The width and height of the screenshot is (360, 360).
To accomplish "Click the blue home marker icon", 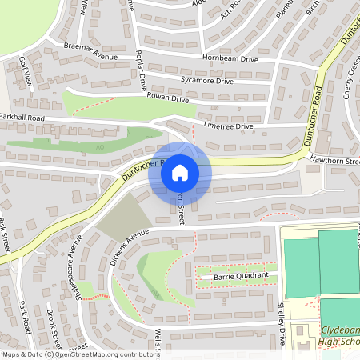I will (180, 172).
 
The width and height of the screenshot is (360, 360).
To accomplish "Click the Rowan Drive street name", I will (167, 98).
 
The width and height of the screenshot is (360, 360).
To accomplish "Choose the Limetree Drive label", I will (228, 126).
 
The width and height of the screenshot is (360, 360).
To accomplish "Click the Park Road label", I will (25, 316).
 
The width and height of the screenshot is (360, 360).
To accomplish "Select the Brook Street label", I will (54, 324).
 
